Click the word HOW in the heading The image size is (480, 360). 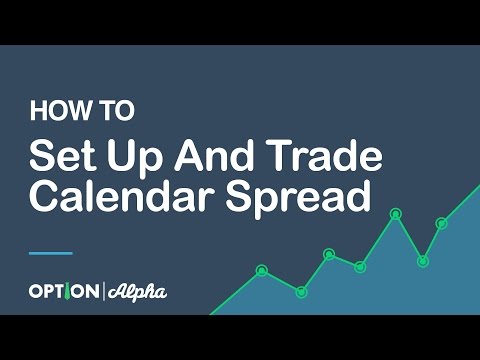click(x=50, y=109)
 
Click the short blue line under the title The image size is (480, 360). click(x=50, y=252)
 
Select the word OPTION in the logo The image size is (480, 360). click(x=63, y=292)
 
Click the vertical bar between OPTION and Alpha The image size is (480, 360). click(x=103, y=292)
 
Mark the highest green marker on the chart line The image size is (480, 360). click(x=396, y=213)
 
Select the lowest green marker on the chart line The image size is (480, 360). click(x=301, y=291)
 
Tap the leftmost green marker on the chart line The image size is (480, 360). click(x=262, y=270)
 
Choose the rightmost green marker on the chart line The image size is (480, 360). click(x=441, y=223)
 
